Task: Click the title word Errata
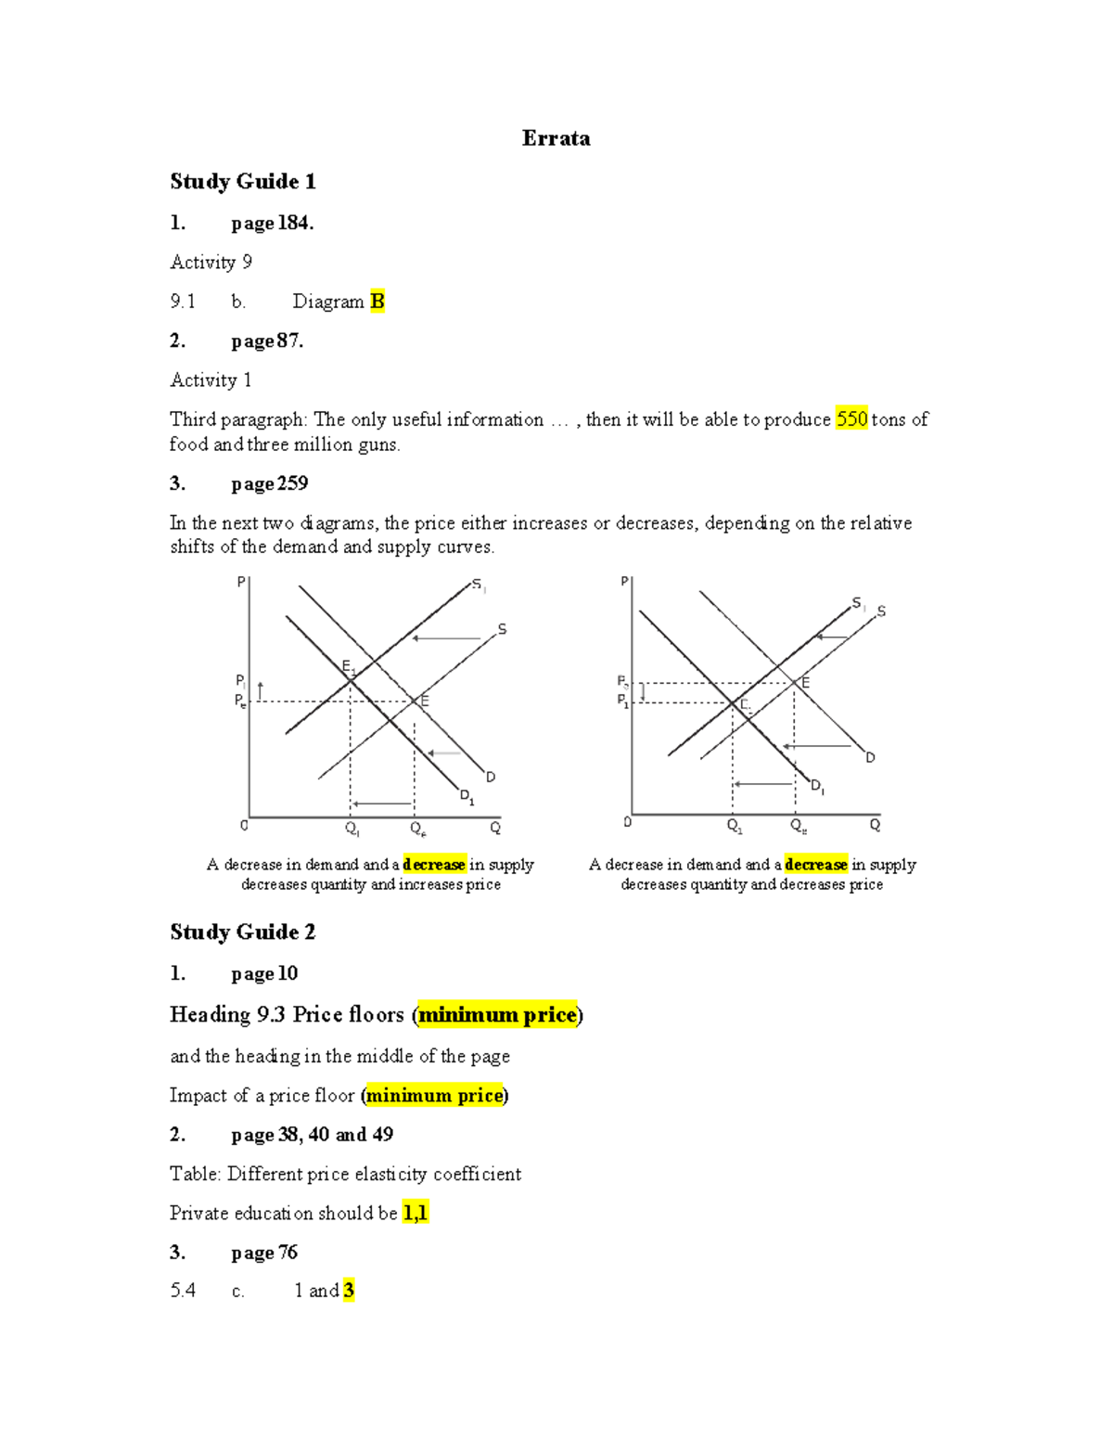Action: (556, 138)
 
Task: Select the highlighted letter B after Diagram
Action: (377, 302)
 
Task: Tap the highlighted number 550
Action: (851, 419)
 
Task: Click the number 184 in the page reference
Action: (293, 223)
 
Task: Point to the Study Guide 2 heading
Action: (242, 932)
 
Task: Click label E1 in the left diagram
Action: (348, 666)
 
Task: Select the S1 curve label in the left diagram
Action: (479, 585)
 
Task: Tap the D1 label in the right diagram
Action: (817, 787)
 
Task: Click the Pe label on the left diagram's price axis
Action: (240, 701)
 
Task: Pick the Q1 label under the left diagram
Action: (352, 829)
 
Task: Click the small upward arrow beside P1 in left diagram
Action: (261, 690)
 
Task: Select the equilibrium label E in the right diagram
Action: (805, 683)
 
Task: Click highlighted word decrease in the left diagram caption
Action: (434, 865)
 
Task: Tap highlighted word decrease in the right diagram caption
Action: (816, 865)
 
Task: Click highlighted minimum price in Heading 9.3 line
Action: (497, 1015)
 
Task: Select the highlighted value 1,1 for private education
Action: (415, 1214)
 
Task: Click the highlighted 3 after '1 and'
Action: (349, 1291)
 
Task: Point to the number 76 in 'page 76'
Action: (288, 1253)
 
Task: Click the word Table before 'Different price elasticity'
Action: (194, 1175)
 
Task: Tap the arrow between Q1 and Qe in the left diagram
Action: (382, 804)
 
